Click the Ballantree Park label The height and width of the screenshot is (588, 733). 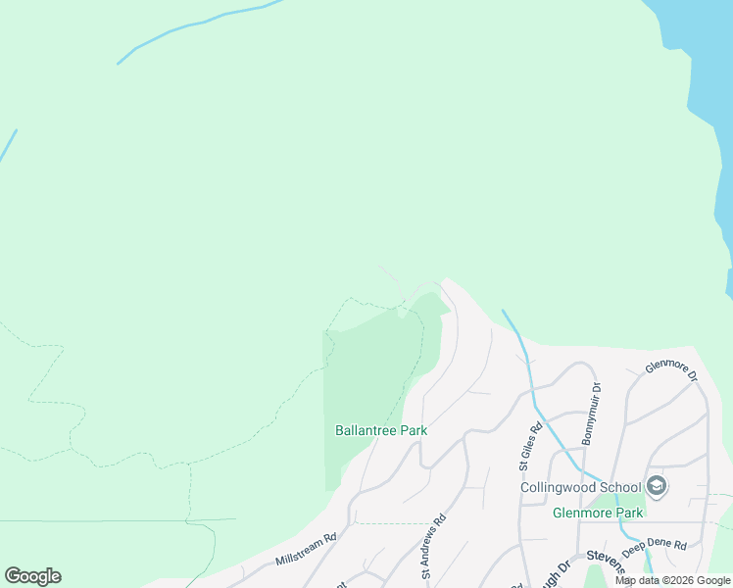pyautogui.click(x=381, y=430)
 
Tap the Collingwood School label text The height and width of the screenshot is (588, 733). pyautogui.click(x=580, y=487)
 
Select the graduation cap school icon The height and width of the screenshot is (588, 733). pyautogui.click(x=657, y=486)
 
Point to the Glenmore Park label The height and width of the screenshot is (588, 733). pyautogui.click(x=598, y=513)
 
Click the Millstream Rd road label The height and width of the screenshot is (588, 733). pyautogui.click(x=306, y=548)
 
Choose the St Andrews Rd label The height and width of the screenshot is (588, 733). pyautogui.click(x=434, y=546)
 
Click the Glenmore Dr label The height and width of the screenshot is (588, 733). pyautogui.click(x=670, y=368)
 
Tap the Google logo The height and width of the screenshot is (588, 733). pyautogui.click(x=32, y=576)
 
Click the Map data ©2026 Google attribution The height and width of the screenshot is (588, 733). pyautogui.click(x=672, y=580)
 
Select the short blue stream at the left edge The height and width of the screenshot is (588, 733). pyautogui.click(x=7, y=146)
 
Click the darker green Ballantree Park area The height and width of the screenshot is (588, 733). pyautogui.click(x=367, y=372)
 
